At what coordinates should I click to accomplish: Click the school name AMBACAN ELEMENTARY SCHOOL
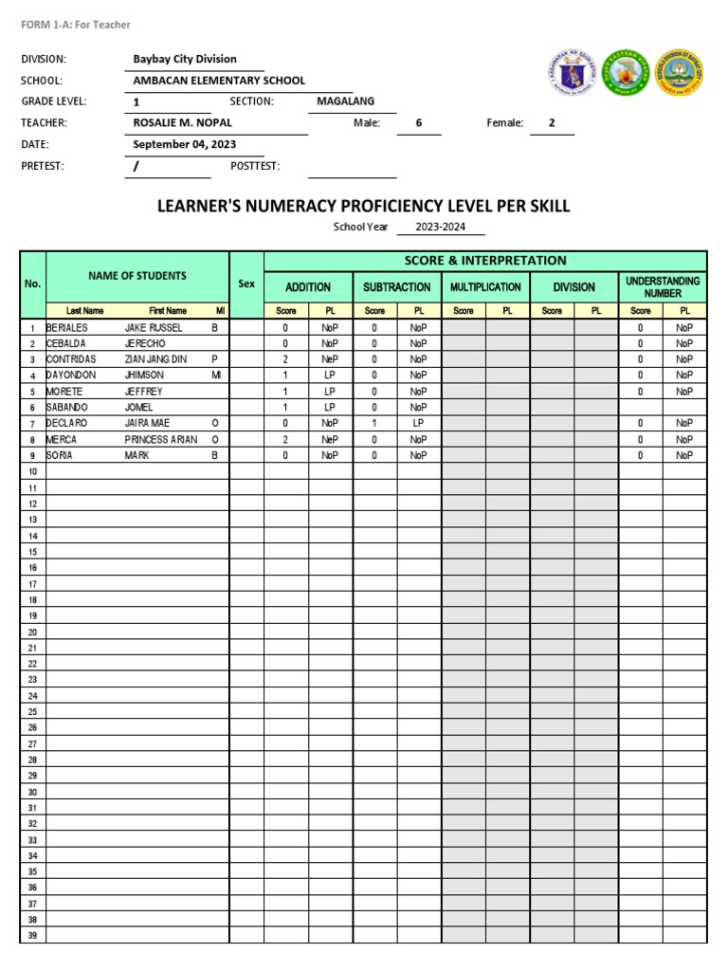point(219,81)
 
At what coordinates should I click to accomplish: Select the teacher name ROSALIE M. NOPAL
point(182,122)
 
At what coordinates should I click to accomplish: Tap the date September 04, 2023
point(185,144)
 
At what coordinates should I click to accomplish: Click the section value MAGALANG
point(345,101)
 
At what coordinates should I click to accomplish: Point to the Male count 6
point(418,122)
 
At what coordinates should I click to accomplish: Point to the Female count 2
point(551,122)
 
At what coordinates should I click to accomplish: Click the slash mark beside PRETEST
point(136,166)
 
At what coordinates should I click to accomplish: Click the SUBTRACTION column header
point(396,287)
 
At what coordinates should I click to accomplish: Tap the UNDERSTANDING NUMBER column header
point(663,287)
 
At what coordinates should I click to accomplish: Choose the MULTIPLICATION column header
point(485,287)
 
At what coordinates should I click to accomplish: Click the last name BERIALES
point(67,327)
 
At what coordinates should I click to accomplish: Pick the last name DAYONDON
point(71,376)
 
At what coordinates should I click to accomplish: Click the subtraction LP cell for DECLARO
point(418,423)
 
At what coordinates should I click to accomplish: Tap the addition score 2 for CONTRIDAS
point(285,359)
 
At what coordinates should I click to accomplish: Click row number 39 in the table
point(32,935)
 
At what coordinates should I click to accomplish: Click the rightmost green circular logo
point(681,74)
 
